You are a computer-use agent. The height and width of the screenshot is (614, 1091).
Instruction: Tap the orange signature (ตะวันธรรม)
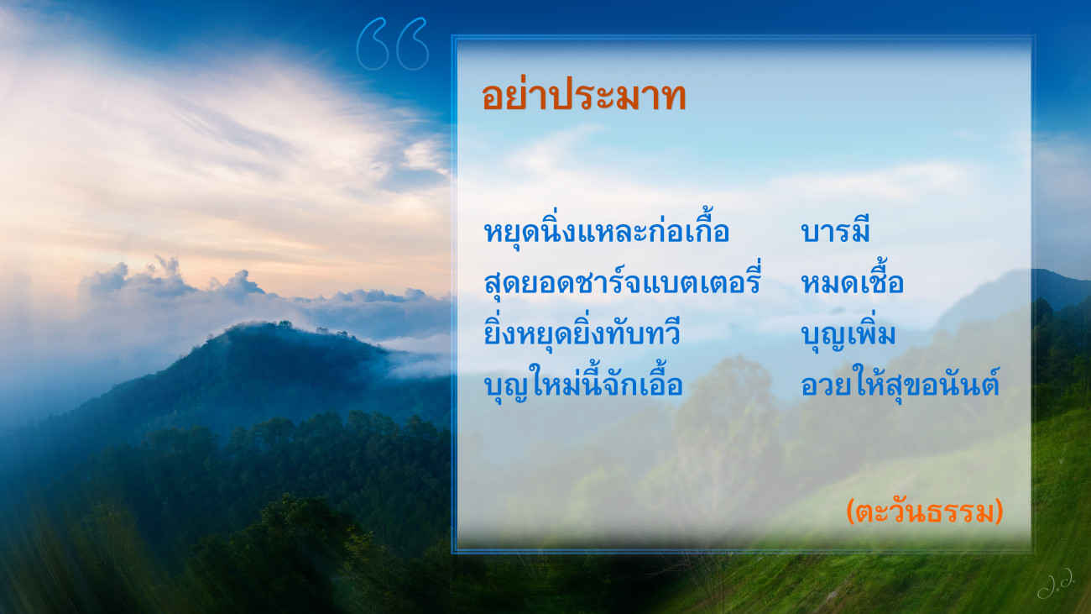coord(925,512)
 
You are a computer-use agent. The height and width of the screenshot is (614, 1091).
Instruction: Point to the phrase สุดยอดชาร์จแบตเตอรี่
coord(622,280)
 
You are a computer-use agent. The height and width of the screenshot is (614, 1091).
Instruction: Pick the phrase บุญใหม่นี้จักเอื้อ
coord(583,382)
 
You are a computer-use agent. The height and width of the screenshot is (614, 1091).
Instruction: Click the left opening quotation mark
coord(373,44)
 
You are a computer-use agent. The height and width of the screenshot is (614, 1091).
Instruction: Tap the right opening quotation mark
coord(413,44)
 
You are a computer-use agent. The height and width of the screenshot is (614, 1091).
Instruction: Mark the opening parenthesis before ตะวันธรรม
coord(851,512)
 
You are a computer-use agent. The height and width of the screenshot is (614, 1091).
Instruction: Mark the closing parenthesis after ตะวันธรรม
coord(999,512)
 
